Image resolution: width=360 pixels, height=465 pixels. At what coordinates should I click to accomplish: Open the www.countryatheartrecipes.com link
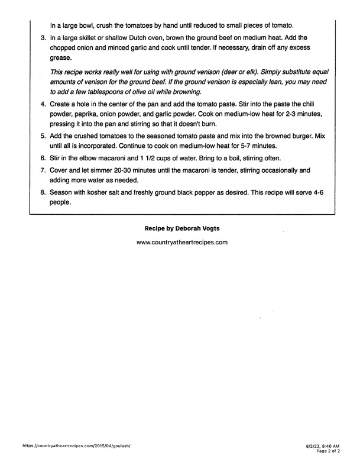181,242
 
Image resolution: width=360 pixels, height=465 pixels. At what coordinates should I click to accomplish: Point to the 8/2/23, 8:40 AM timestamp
323,444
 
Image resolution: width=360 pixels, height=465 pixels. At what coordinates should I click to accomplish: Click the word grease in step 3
60,58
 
